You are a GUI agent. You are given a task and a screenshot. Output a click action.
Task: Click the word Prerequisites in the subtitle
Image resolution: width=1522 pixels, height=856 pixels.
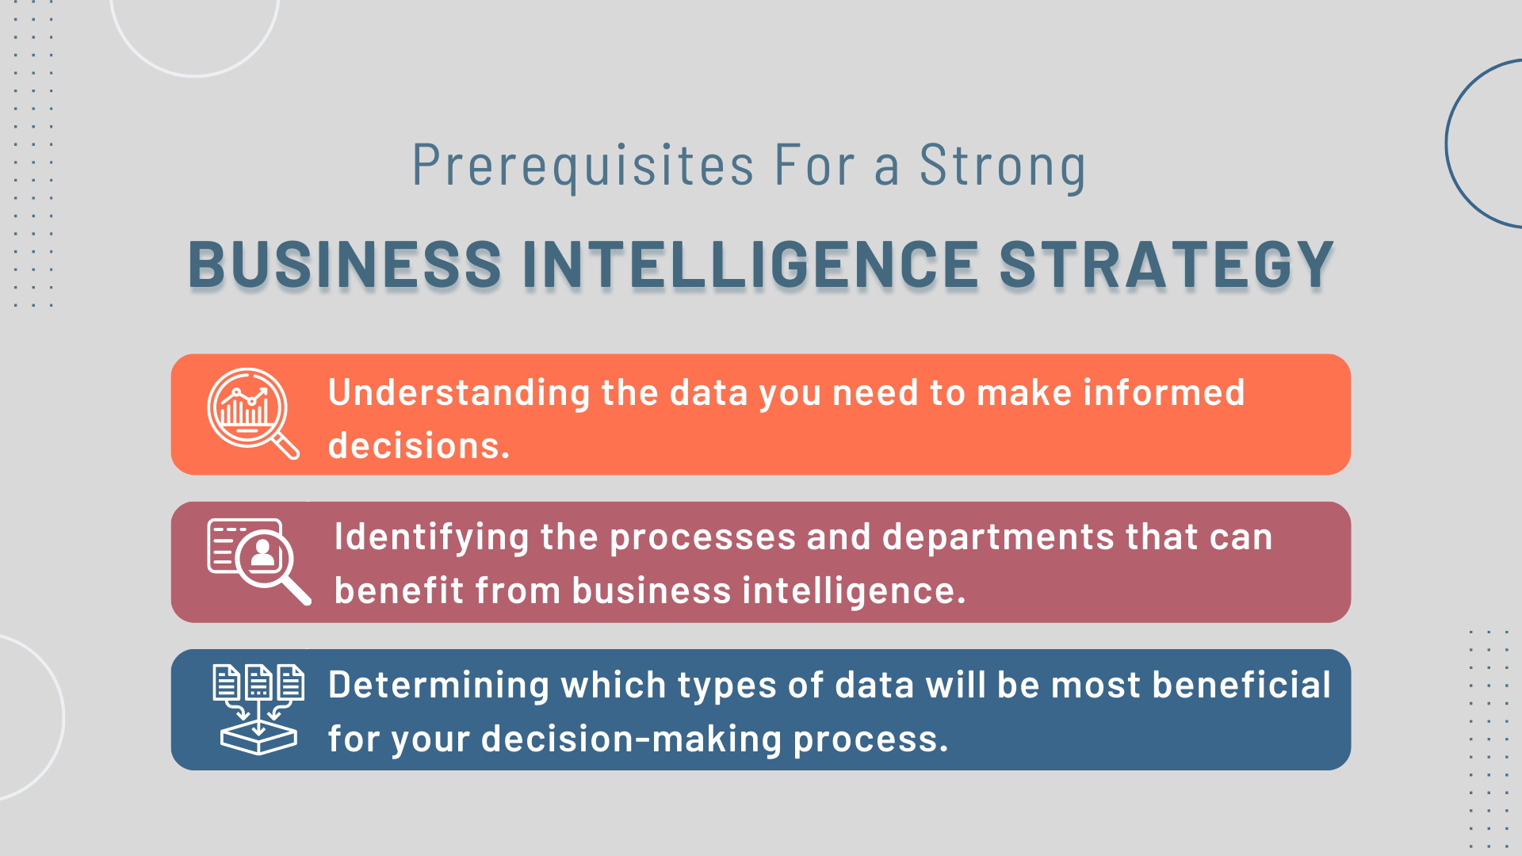(x=583, y=166)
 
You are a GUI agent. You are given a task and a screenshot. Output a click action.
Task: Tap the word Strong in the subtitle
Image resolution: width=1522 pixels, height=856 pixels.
(x=1003, y=166)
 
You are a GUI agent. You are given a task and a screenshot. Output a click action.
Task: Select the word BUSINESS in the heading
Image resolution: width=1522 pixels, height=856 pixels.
(x=345, y=264)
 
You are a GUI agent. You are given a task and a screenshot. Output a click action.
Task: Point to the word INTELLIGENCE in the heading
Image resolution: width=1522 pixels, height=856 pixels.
(x=751, y=264)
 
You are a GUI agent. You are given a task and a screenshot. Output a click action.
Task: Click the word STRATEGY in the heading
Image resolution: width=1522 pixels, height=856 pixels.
(x=1167, y=264)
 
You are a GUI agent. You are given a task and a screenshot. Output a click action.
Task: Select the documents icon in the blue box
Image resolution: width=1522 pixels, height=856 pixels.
(x=258, y=709)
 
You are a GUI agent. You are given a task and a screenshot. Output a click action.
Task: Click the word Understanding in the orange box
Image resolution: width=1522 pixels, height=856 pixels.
(x=460, y=394)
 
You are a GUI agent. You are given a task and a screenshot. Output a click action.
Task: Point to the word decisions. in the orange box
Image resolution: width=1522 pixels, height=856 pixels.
(x=419, y=445)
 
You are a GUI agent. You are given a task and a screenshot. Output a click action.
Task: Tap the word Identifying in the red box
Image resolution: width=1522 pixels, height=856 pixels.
(x=432, y=538)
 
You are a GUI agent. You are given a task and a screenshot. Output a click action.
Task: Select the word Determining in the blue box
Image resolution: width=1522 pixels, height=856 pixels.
(x=438, y=686)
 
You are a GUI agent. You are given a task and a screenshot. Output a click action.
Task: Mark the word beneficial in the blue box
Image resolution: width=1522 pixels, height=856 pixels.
(x=1241, y=685)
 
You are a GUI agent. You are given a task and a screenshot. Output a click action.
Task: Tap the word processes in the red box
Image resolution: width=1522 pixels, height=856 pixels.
(x=703, y=538)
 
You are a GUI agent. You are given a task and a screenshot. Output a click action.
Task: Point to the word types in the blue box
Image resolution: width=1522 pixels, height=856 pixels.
(x=727, y=686)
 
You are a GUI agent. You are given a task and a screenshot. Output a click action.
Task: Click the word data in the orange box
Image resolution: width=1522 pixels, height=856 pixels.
(x=709, y=393)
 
